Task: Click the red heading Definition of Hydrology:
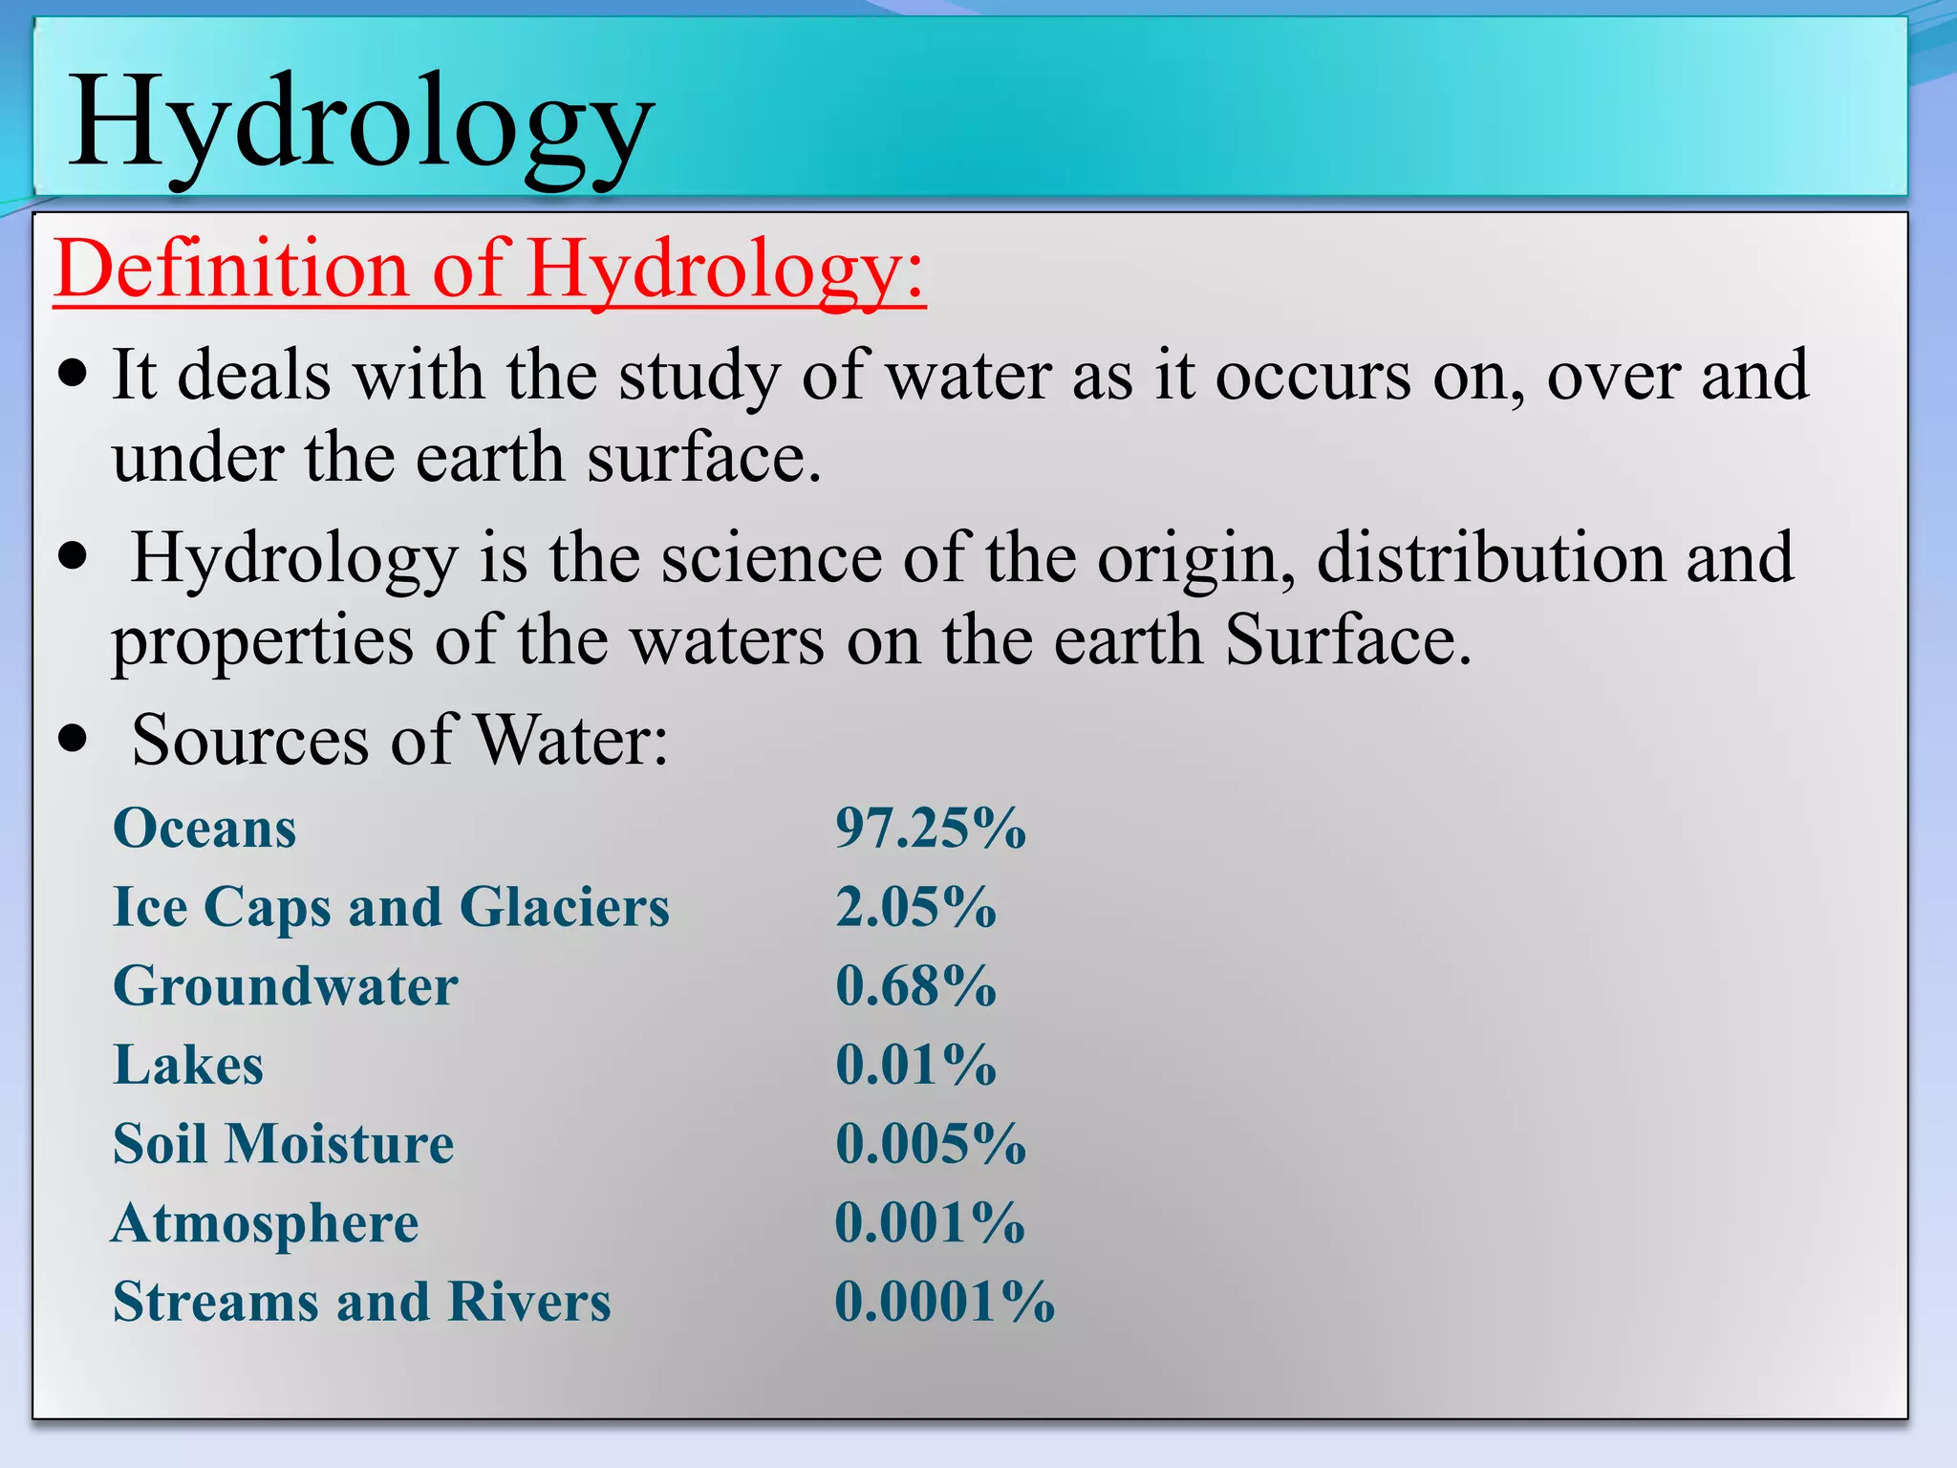[x=489, y=270]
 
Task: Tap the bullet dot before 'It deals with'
[x=73, y=374]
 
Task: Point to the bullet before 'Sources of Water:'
[x=73, y=739]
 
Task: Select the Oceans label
[x=204, y=828]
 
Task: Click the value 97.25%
[x=930, y=828]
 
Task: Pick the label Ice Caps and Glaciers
[x=391, y=907]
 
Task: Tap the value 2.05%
[x=915, y=907]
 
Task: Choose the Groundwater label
[x=286, y=986]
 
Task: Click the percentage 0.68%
[x=915, y=986]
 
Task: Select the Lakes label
[x=188, y=1065]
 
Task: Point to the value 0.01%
[x=915, y=1065]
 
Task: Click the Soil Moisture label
[x=284, y=1144]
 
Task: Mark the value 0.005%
[x=930, y=1144]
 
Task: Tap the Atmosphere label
[x=266, y=1223]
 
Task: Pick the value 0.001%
[x=930, y=1223]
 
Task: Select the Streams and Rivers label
[x=362, y=1302]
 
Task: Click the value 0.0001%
[x=944, y=1302]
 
